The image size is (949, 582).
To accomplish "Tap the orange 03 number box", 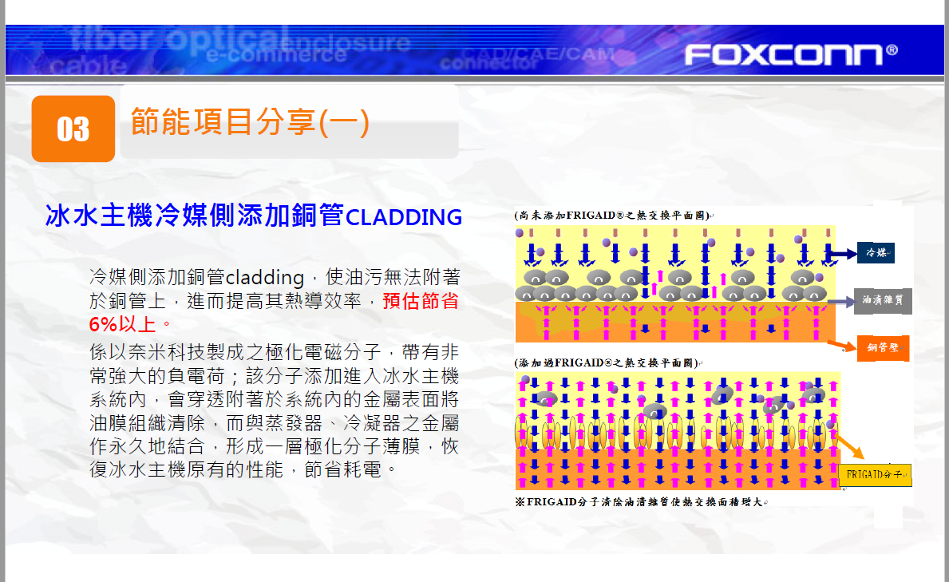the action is (x=73, y=129).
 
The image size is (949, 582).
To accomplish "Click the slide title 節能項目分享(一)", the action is (x=250, y=121).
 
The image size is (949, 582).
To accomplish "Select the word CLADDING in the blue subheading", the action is (x=404, y=217).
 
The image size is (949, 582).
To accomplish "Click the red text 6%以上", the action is (x=122, y=325).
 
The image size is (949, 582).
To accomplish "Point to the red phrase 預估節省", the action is (x=421, y=301).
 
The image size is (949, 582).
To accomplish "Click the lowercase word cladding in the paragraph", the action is (x=264, y=277).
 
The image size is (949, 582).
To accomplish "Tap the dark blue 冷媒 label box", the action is (x=876, y=252).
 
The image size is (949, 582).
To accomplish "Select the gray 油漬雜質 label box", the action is (x=883, y=300).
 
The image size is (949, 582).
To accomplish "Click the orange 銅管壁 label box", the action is (x=883, y=348).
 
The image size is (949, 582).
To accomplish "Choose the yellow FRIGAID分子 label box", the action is (x=875, y=475).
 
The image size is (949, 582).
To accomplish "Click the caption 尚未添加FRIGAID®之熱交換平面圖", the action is (x=613, y=216).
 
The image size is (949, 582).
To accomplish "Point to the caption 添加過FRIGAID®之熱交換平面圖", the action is (x=607, y=363).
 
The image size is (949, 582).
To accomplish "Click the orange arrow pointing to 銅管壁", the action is (x=841, y=346).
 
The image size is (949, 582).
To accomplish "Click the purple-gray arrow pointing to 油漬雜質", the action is (x=840, y=301).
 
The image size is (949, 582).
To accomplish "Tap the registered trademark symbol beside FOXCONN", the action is (x=892, y=49).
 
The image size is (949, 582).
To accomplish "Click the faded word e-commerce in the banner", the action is (x=277, y=54).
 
